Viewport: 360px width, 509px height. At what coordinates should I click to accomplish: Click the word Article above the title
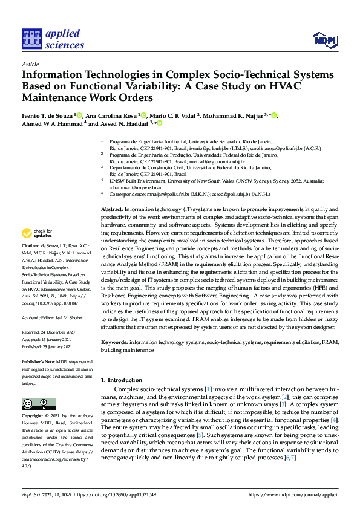coord(30,64)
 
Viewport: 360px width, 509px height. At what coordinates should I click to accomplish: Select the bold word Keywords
coord(113,342)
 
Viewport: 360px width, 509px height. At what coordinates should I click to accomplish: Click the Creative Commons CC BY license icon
coord(34,404)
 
